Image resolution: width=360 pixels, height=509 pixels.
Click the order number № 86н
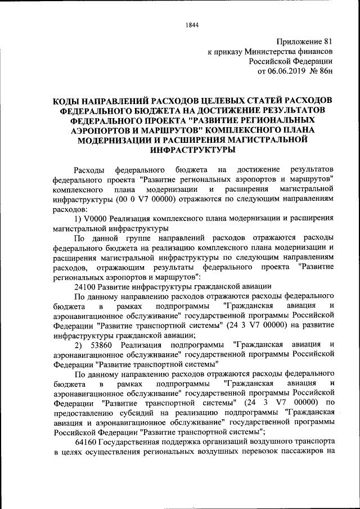click(x=323, y=71)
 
